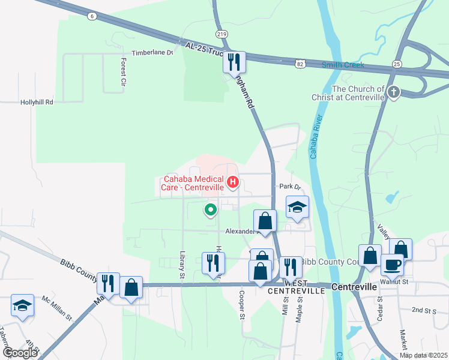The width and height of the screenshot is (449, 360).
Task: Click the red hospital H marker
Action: [233, 181]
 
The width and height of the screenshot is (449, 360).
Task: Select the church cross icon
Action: [394, 92]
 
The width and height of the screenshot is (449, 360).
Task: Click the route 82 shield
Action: [300, 62]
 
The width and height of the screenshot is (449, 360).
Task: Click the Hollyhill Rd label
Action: [37, 103]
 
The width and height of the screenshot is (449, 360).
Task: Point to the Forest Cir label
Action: [124, 71]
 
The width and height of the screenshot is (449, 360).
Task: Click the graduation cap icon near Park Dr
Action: [297, 207]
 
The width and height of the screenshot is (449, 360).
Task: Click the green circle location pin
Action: [210, 210]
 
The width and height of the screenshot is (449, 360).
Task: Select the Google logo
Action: [20, 352]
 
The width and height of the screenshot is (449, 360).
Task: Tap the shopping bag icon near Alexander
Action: [265, 220]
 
